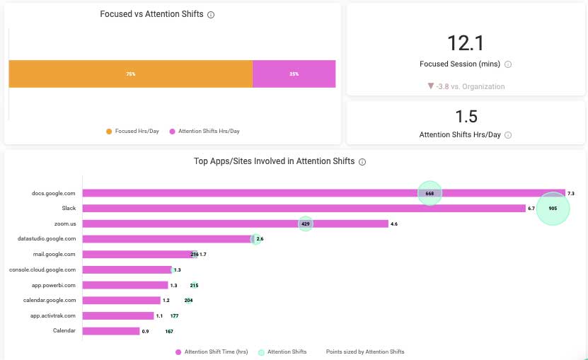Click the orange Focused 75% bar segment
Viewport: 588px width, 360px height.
[130, 74]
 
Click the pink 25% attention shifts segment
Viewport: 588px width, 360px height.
[294, 74]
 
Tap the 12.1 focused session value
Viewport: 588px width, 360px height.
[466, 43]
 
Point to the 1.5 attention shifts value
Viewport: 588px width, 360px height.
[466, 116]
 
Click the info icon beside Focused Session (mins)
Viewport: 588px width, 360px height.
[508, 64]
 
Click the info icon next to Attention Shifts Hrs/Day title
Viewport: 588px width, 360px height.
[508, 135]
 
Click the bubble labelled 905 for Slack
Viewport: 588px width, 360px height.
[553, 209]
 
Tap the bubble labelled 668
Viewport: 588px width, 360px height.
[430, 193]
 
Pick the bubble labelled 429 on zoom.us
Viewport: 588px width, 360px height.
[305, 223]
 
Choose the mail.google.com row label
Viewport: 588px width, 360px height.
[54, 254]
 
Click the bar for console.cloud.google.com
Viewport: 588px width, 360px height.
[127, 269]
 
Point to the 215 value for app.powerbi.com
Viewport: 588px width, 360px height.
[194, 285]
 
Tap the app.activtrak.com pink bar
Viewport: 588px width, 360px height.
[118, 315]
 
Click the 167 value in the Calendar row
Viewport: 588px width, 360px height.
[169, 331]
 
